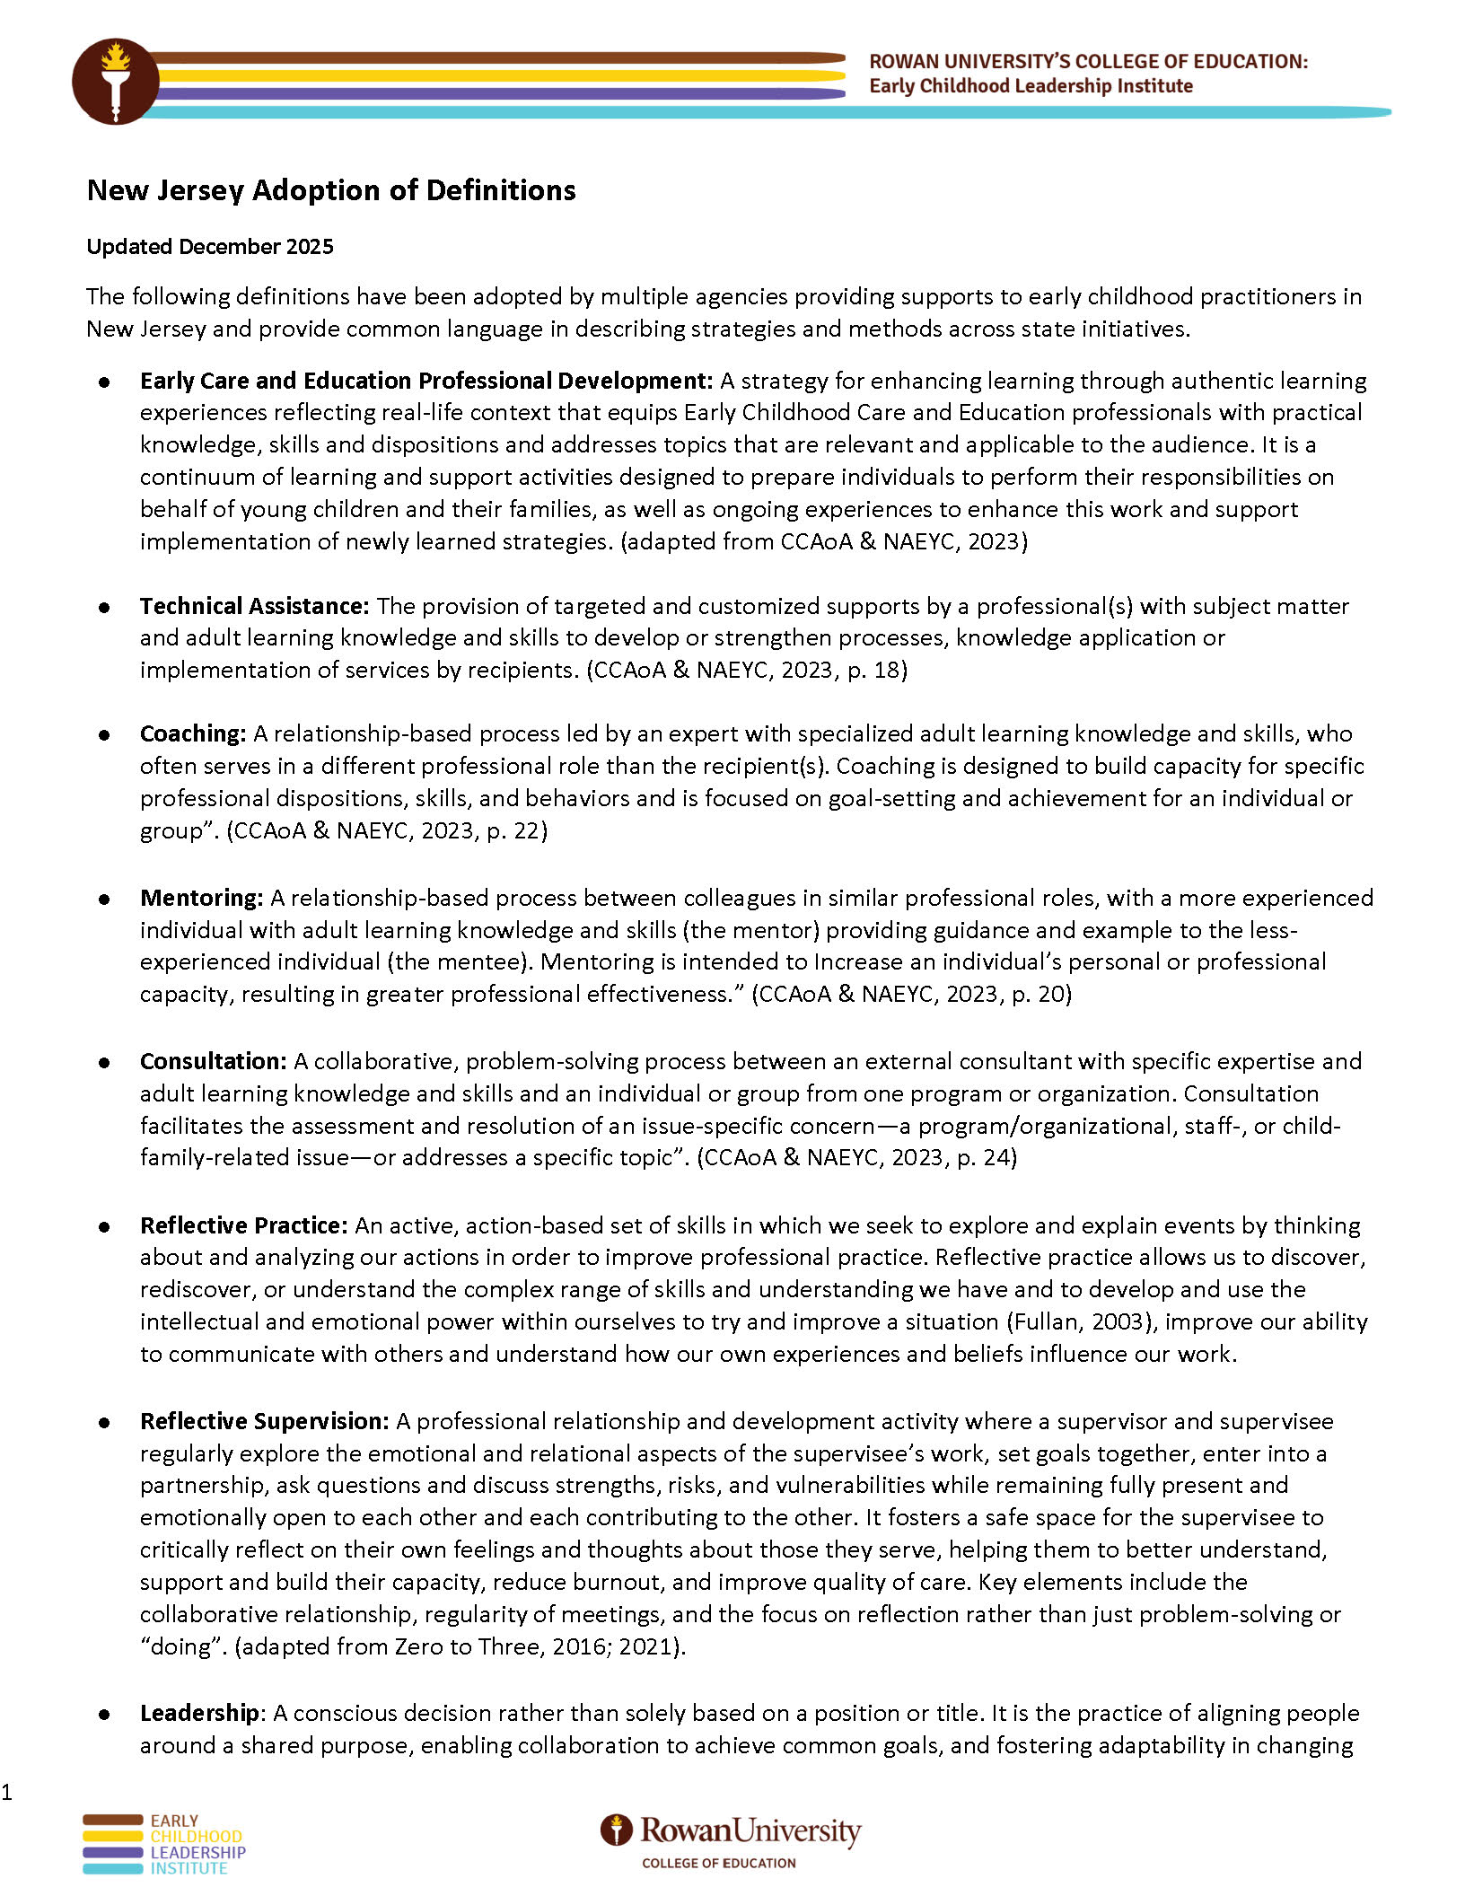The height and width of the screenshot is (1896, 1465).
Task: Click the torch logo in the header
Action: [x=115, y=81]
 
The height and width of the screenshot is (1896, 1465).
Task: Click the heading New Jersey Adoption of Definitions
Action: [x=331, y=190]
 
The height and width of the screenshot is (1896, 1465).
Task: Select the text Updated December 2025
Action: [x=210, y=247]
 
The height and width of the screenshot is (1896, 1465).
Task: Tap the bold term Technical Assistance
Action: [x=254, y=606]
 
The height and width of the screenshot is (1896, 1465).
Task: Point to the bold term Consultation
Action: [x=213, y=1061]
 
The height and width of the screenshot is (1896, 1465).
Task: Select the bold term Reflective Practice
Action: [x=243, y=1225]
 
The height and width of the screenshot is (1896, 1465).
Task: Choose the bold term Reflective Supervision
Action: [x=264, y=1421]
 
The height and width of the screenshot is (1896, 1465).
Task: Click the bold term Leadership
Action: [x=199, y=1713]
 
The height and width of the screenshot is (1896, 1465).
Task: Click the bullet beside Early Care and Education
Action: [x=105, y=382]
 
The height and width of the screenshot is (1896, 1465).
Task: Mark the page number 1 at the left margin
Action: [x=7, y=1792]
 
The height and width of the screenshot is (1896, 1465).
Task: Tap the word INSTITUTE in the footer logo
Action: [x=189, y=1868]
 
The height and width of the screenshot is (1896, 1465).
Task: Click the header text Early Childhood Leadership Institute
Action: [x=1031, y=86]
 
